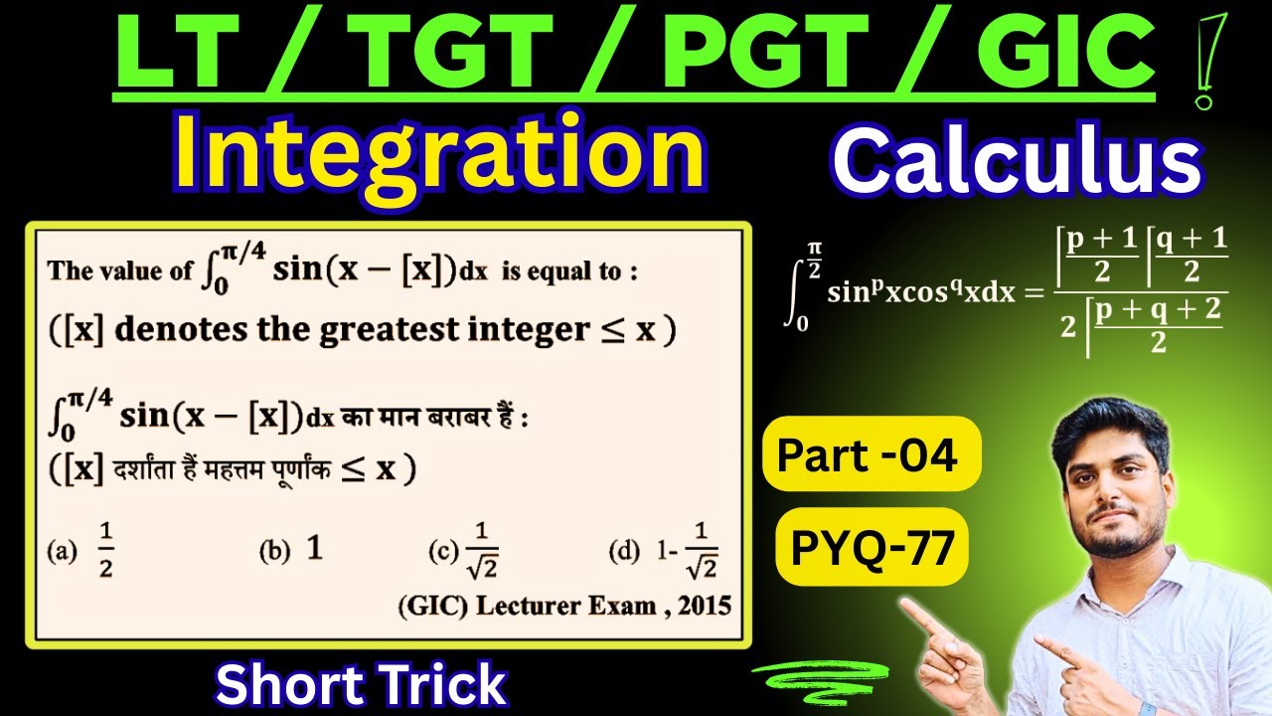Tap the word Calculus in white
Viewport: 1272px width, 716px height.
click(1017, 164)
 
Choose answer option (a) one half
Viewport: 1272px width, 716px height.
click(104, 550)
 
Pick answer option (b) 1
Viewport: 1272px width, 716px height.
click(314, 548)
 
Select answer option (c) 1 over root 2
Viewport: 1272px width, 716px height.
click(483, 551)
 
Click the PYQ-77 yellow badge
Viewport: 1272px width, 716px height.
click(872, 546)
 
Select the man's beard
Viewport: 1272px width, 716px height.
click(1114, 537)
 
